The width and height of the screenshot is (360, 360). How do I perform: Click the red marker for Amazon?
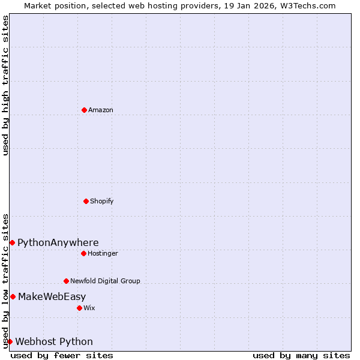coord(84,110)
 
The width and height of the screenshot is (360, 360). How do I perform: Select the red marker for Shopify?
coord(86,201)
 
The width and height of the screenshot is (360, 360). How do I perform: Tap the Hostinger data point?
coord(83,253)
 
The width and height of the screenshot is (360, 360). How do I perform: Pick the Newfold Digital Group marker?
coord(66,281)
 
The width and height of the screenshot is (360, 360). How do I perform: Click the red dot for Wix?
coord(79,308)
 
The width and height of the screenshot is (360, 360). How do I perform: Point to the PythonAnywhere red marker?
coord(12,242)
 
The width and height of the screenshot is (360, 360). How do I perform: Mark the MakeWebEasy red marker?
coord(13,296)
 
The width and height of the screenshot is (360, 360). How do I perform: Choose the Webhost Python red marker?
coord(10,341)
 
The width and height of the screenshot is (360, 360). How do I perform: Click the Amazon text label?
coord(101,110)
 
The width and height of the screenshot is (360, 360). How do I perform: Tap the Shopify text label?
coord(102,202)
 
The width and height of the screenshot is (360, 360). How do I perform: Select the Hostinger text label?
coord(103,254)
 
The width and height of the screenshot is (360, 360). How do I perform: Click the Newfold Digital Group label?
coord(105,281)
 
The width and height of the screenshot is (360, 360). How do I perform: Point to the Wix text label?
coord(89,308)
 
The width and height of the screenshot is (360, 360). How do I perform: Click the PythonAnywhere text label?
coord(58,243)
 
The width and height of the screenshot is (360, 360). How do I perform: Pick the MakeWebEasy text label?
coord(52,297)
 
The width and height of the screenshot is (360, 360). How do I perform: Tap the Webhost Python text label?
coord(54,342)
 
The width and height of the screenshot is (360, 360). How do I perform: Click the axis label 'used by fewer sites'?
coord(62,355)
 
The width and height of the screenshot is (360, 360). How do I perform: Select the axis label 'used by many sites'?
coord(301,355)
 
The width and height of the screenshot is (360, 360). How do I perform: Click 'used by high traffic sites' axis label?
coord(5,85)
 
